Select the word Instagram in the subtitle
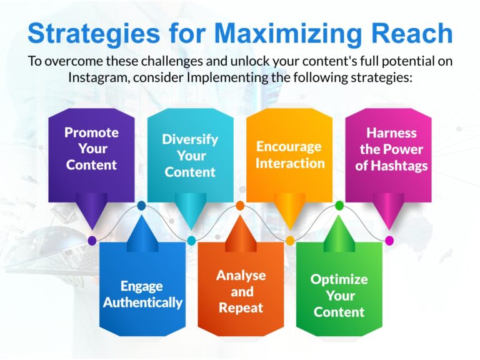[x=97, y=77]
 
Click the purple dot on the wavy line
[x=92, y=241]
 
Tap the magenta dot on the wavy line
[x=389, y=241]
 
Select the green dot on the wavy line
[x=339, y=206]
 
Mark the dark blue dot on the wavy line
[x=141, y=206]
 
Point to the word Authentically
[x=142, y=302]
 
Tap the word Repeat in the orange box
[x=241, y=308]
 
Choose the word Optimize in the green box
[x=339, y=279]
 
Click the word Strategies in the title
[x=94, y=34]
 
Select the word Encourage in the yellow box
[x=289, y=147]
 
